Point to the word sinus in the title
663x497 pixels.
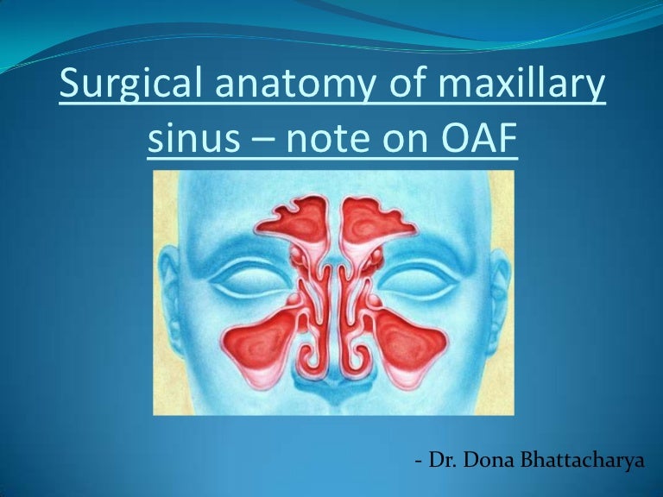(184, 138)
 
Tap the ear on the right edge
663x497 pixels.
(500, 293)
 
